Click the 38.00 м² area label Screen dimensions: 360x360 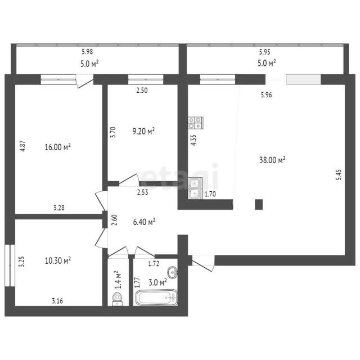272,160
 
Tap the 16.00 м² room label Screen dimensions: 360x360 57,147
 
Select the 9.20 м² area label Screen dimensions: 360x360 143,131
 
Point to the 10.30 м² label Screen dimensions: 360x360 58,260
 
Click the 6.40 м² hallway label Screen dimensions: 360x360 144,222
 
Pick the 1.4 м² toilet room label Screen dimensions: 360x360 118,280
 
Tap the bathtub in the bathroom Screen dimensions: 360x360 156,298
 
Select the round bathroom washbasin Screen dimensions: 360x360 173,272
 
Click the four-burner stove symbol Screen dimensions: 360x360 196,123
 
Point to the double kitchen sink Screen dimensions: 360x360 195,188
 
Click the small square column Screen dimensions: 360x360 259,204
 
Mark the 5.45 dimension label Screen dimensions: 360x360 339,174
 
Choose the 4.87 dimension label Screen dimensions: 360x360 22,146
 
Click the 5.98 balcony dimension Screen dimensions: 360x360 87,52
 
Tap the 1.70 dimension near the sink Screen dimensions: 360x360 210,194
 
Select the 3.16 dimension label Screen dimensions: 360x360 57,301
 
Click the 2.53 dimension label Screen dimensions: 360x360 142,192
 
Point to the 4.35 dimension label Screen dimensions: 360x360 193,140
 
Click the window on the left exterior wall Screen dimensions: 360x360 10,265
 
